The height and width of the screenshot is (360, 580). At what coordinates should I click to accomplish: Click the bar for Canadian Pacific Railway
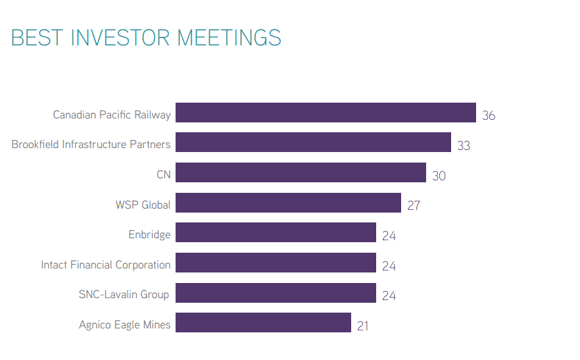tap(326, 113)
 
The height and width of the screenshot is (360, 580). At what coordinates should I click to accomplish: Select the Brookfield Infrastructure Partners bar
tap(313, 142)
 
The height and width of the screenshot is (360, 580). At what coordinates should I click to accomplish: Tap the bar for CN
tap(301, 172)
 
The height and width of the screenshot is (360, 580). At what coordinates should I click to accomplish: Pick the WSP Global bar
tap(288, 203)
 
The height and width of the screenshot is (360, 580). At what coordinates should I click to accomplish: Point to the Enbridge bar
tap(276, 232)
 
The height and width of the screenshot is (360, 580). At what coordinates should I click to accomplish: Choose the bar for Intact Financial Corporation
tap(276, 263)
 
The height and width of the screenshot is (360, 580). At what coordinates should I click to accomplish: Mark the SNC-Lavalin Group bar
tap(276, 293)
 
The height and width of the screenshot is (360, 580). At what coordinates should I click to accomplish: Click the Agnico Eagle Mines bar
tap(263, 322)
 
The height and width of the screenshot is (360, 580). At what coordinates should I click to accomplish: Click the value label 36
tap(489, 116)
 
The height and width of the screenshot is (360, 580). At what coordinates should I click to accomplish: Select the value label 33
tap(464, 145)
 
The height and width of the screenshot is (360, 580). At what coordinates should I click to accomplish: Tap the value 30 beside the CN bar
tap(439, 176)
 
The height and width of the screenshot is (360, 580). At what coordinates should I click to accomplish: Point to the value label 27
tap(414, 205)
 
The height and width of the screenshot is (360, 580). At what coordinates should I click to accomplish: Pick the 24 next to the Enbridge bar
tap(389, 236)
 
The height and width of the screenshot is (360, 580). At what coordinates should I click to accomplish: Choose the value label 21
tap(364, 326)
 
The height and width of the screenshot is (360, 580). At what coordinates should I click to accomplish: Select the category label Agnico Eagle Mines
tap(125, 324)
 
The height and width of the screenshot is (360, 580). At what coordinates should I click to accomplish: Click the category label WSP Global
tap(143, 205)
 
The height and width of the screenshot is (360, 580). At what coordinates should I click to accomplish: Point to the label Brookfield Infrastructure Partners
tap(91, 144)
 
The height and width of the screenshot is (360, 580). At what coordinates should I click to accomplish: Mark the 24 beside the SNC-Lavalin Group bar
tap(389, 296)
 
